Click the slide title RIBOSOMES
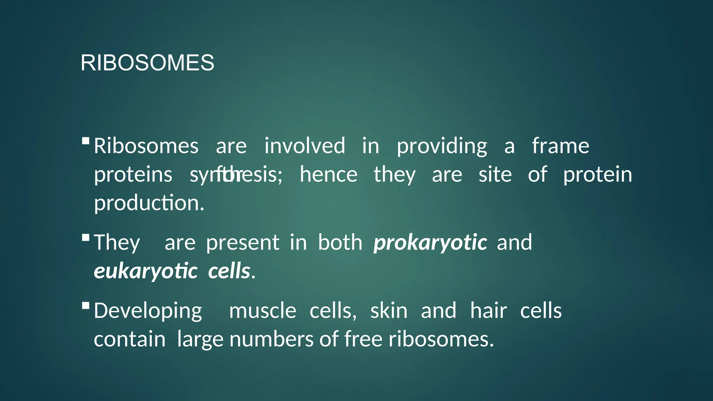click(147, 63)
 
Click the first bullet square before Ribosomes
click(86, 141)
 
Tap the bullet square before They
click(86, 237)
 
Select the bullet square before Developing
click(86, 306)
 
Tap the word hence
click(328, 174)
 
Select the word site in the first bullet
click(495, 174)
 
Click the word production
click(149, 203)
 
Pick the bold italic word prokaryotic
click(430, 243)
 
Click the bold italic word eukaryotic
click(146, 271)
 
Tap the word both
click(340, 242)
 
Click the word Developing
click(148, 311)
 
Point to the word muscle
click(263, 311)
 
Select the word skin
click(389, 311)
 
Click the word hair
click(488, 310)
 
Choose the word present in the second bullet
click(242, 243)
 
